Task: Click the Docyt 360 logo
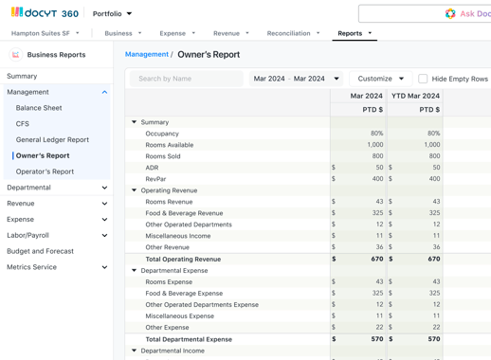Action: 45,13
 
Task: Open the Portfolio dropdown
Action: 113,14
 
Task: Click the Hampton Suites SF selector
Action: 45,33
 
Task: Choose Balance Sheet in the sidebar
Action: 39,108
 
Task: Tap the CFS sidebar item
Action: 23,124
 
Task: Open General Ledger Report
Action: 52,139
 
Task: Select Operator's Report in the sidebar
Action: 45,171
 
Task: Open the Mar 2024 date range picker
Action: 296,79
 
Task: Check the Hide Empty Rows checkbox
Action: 423,79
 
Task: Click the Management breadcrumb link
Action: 147,55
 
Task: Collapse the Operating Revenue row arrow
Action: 135,190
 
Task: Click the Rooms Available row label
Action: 170,145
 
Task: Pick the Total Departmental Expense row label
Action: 189,339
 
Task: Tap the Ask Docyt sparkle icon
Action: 450,14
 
